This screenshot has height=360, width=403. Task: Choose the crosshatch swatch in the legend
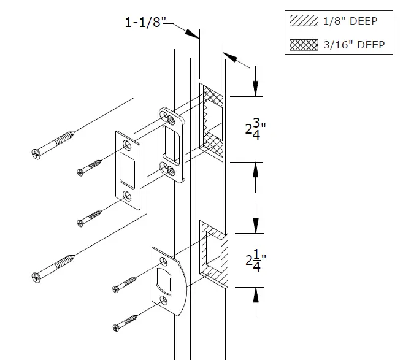point(304,45)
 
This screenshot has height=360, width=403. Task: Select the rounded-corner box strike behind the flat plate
point(171,145)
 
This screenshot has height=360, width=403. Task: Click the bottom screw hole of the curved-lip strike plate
point(163,301)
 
